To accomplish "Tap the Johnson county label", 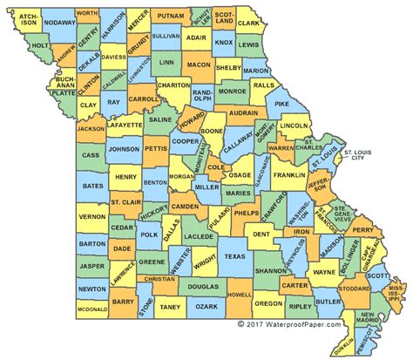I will tap(124, 149).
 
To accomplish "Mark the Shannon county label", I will tap(272, 270).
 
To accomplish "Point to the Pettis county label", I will tap(156, 149).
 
